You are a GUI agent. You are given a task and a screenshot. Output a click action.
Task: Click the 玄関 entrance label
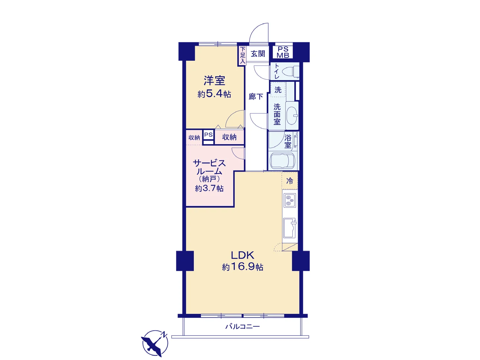click(258, 53)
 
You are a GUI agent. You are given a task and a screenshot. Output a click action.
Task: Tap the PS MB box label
click(283, 52)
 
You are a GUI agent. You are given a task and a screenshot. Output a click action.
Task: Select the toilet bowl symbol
click(290, 71)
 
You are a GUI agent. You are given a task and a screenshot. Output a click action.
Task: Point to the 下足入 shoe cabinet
click(242, 56)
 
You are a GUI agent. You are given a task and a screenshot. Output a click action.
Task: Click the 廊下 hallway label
click(256, 96)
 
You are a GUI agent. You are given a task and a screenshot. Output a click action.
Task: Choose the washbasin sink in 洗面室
click(292, 115)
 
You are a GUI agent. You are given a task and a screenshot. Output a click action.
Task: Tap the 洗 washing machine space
click(278, 89)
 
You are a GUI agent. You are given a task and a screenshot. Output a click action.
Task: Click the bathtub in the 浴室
click(282, 161)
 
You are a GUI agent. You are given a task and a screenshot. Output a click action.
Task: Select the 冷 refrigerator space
click(290, 181)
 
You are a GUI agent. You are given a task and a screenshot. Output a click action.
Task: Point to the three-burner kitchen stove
click(290, 200)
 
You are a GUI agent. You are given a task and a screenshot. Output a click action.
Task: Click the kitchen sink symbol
click(290, 228)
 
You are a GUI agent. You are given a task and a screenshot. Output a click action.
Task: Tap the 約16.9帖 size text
click(243, 267)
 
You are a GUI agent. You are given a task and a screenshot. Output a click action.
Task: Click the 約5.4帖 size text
click(214, 94)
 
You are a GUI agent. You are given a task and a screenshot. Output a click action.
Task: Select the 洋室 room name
click(214, 80)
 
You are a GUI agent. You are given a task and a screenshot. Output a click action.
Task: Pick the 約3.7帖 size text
click(209, 188)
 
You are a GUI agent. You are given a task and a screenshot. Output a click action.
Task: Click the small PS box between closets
click(208, 135)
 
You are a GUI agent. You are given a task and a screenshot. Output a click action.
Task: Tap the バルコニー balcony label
click(243, 327)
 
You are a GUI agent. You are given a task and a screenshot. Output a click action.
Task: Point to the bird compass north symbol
click(155, 343)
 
